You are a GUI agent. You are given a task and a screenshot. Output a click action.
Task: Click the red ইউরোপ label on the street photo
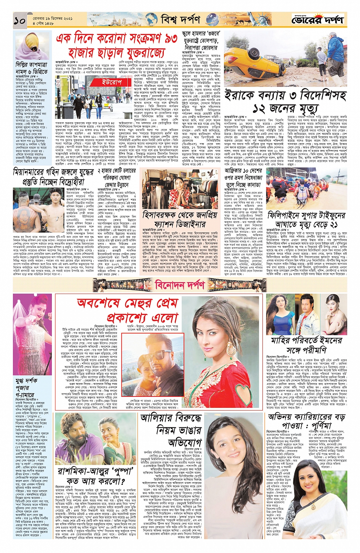(x=111, y=82)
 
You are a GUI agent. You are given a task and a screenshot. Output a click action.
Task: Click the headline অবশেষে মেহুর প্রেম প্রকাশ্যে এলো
(x=128, y=310)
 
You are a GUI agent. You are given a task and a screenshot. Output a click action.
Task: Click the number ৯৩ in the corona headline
(x=166, y=38)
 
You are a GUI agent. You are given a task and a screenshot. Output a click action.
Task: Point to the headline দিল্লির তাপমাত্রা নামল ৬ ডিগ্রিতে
(x=32, y=68)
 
